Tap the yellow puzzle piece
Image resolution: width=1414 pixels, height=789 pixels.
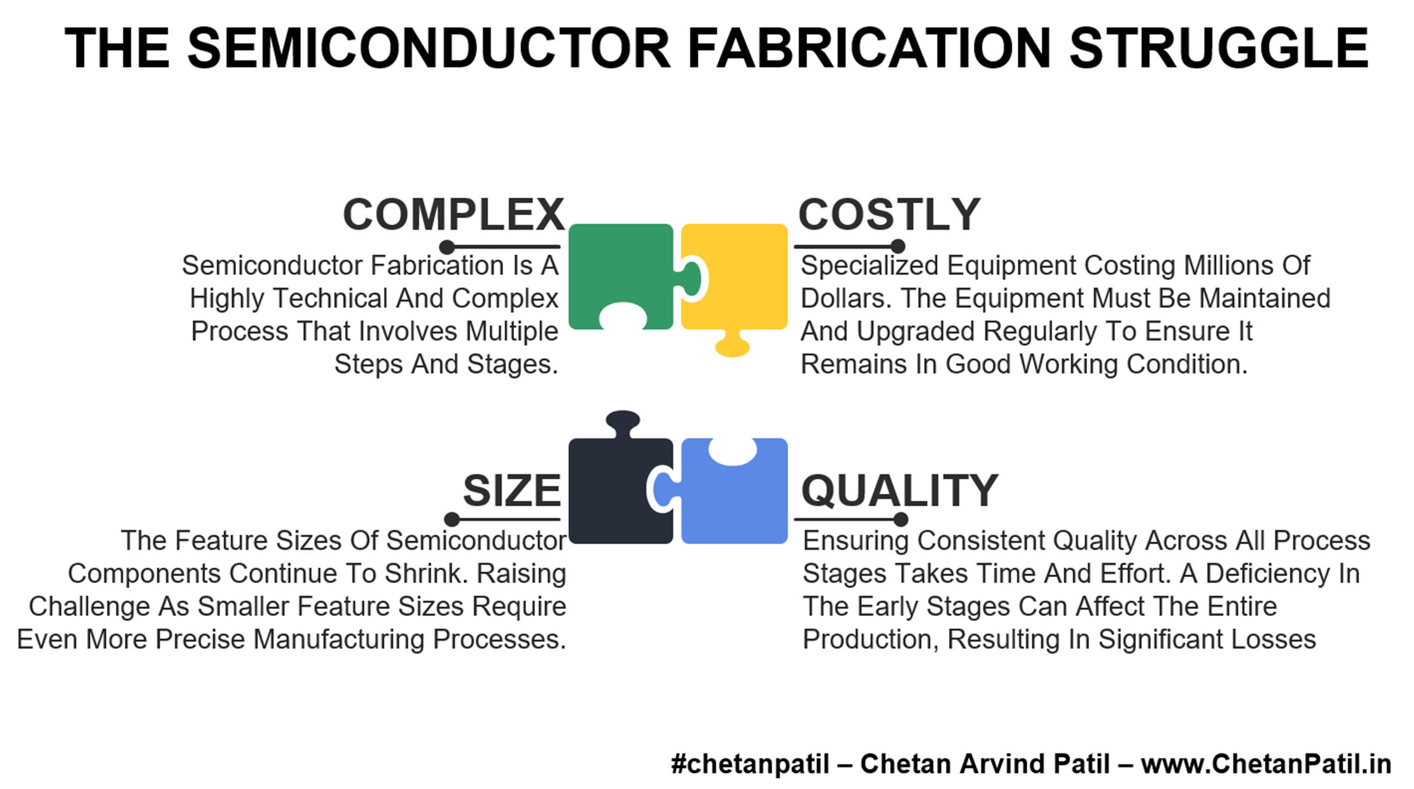point(738,274)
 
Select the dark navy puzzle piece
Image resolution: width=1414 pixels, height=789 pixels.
point(617,490)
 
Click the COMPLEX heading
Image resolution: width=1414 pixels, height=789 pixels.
point(454,214)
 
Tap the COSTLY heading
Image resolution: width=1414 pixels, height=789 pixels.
point(889,214)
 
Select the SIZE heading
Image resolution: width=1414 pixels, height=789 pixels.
point(511,491)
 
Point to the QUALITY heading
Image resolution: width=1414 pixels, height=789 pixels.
point(899,491)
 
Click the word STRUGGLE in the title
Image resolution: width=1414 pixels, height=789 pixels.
point(1219,48)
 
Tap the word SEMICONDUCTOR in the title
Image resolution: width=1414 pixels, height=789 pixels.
point(429,48)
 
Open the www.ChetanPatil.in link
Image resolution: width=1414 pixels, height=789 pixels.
point(1266,764)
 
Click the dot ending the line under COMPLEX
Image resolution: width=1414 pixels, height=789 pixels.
point(447,246)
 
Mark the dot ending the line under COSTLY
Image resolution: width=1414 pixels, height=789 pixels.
point(898,246)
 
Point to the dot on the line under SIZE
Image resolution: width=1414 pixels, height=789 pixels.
point(452,519)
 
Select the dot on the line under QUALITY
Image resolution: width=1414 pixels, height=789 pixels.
point(901,519)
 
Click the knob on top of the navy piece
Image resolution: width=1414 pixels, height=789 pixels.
point(623,421)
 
